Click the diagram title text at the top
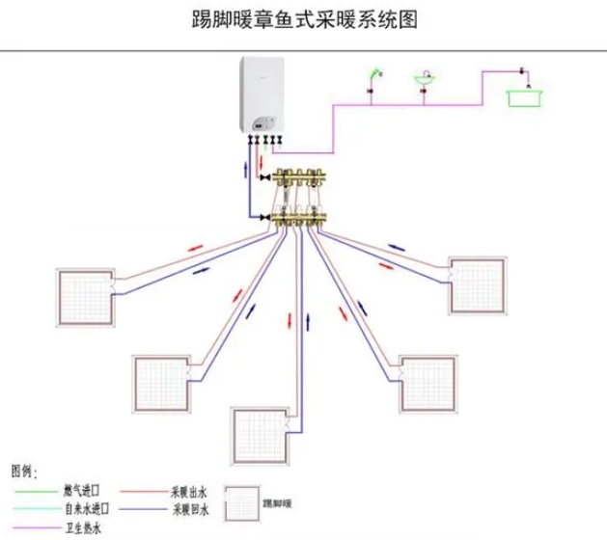coord(302,19)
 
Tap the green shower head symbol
coord(374,74)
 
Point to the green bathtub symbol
coord(525,95)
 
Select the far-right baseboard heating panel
coord(478,285)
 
